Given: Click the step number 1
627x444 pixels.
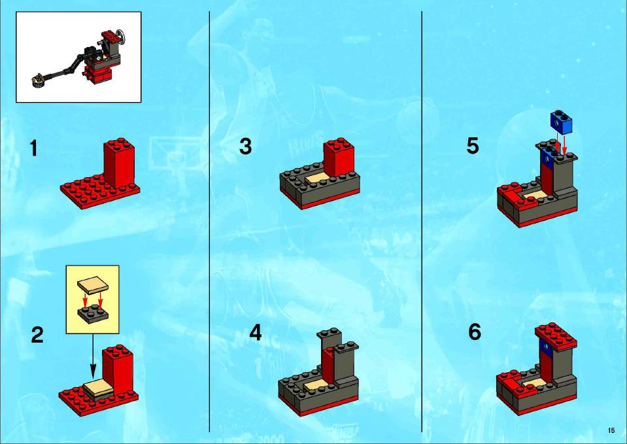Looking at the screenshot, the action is [34, 148].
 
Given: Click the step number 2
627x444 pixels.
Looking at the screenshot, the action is [37, 335].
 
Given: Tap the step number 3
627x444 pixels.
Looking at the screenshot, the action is [246, 146].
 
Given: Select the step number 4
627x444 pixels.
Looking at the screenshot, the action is [256, 333].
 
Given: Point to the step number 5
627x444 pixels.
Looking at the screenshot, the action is [473, 146].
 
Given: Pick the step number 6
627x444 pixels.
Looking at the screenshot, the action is [475, 332].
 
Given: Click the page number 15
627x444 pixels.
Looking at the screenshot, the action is [611, 430].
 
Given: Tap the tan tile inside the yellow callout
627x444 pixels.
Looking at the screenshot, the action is [92, 286].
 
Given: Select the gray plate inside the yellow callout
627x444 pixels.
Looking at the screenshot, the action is [92, 313].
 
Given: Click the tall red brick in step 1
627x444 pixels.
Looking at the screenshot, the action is [119, 163].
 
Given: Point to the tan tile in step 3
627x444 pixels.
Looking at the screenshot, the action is [318, 180].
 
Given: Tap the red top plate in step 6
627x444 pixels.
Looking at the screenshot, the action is [556, 335].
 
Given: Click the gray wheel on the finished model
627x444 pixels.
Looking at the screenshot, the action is [121, 37].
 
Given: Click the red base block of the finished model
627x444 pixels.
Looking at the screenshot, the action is [98, 75].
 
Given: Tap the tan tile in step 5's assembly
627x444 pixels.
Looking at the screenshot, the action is [534, 196].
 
